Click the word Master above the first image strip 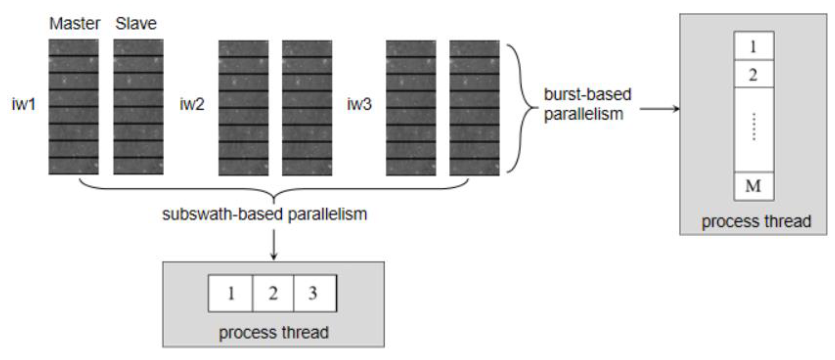tap(75, 24)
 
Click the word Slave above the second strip tap(136, 24)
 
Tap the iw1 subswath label tap(23, 104)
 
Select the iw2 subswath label tap(192, 104)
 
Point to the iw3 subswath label tap(359, 104)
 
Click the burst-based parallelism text tap(587, 104)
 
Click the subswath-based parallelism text tap(264, 214)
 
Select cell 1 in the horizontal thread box tap(231, 294)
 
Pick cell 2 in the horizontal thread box tap(273, 294)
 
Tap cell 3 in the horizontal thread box tap(313, 294)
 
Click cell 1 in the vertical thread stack tap(753, 46)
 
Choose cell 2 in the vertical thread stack tap(753, 74)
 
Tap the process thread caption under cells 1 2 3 tap(274, 332)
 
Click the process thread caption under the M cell tap(756, 222)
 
